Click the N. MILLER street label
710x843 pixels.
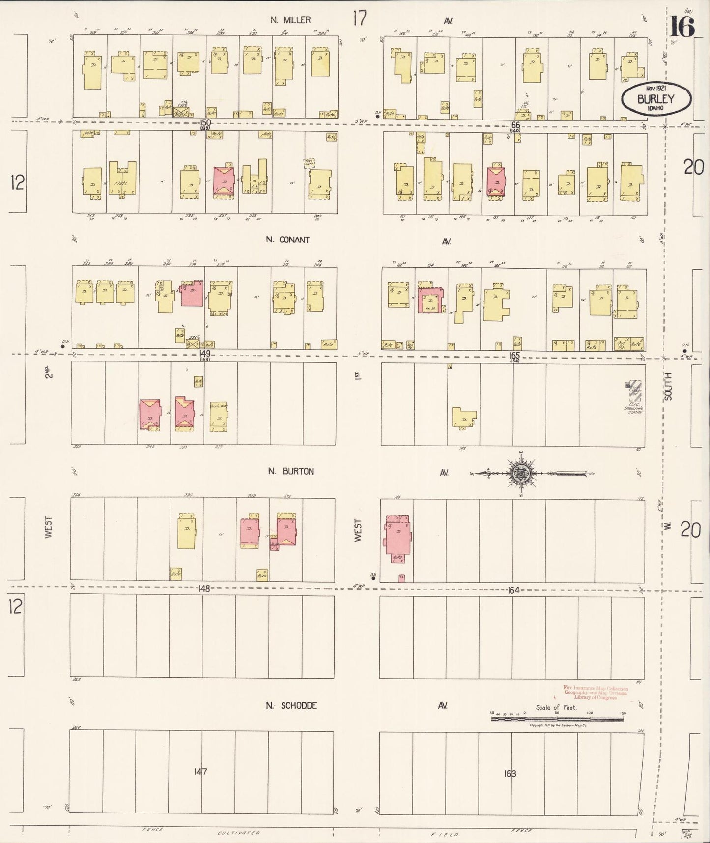290,20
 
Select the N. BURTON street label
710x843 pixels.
290,471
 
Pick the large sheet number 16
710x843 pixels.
682,27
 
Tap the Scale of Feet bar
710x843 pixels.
557,719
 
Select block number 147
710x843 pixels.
200,771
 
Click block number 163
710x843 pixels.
510,774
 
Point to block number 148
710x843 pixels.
204,588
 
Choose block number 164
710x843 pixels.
513,590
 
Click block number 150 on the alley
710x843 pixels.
205,122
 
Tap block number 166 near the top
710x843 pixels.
514,125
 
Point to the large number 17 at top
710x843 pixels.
359,19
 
